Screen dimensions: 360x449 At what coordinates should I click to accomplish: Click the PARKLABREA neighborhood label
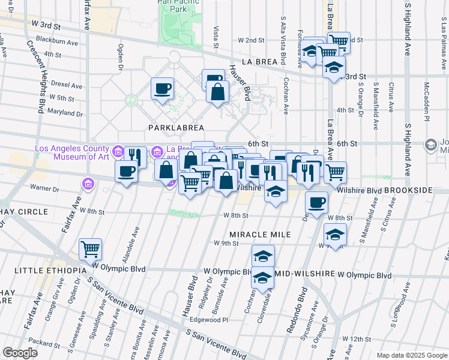(x=176, y=128)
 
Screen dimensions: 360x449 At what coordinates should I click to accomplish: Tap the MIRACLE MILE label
(x=260, y=234)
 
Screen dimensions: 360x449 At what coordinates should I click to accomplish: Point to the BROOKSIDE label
(x=408, y=190)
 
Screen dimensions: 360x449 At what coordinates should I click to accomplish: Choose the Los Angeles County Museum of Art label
(x=72, y=153)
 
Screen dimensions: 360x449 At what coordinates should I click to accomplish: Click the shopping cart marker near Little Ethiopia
(x=90, y=248)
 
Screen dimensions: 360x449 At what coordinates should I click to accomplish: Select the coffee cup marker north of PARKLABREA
(x=163, y=88)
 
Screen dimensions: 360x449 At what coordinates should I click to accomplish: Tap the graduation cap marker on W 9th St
(x=335, y=233)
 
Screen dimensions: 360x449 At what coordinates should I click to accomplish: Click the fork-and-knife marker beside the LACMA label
(x=135, y=157)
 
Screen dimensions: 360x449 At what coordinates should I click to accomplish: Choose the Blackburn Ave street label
(x=57, y=43)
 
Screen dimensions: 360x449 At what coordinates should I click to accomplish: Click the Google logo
(x=20, y=353)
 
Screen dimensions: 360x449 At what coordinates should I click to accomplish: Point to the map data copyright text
(x=410, y=355)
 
